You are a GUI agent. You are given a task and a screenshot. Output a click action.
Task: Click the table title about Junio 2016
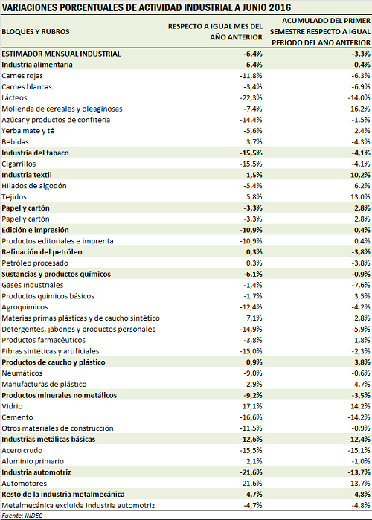pos(147,7)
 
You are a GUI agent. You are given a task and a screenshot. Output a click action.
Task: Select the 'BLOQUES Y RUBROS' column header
pos(36,32)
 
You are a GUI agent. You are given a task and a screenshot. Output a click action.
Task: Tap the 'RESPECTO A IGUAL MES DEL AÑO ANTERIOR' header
pos(215,31)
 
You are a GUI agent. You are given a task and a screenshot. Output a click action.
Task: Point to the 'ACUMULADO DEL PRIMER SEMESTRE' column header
pos(320,32)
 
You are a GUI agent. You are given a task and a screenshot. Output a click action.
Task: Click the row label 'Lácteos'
pos(14,98)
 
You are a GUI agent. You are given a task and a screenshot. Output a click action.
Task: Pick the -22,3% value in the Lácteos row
pos(251,98)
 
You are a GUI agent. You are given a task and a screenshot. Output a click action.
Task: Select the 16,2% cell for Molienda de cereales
pos(361,109)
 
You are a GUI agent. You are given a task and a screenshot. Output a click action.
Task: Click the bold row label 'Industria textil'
pos(27,175)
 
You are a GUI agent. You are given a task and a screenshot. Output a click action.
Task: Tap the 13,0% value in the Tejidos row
pos(360,197)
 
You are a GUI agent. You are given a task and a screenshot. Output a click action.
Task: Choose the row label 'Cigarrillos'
pos(19,164)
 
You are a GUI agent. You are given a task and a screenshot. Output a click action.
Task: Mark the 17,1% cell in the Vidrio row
pos(252,406)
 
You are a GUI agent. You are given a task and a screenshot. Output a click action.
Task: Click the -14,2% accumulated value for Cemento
pos(359,417)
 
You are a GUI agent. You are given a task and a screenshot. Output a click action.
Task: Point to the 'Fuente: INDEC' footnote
pos(22,516)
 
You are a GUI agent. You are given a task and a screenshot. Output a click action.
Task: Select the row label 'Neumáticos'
pos(22,373)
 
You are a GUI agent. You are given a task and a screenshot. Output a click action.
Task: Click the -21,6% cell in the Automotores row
pos(251,484)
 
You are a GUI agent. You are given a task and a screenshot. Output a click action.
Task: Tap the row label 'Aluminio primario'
pos(33,461)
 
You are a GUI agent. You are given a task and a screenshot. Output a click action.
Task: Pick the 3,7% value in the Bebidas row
pos(254,142)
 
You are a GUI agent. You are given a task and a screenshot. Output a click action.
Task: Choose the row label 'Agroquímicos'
pos(25,307)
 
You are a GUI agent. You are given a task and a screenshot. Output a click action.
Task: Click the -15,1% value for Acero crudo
pos(359,450)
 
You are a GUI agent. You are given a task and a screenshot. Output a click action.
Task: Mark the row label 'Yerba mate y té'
pos(28,131)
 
